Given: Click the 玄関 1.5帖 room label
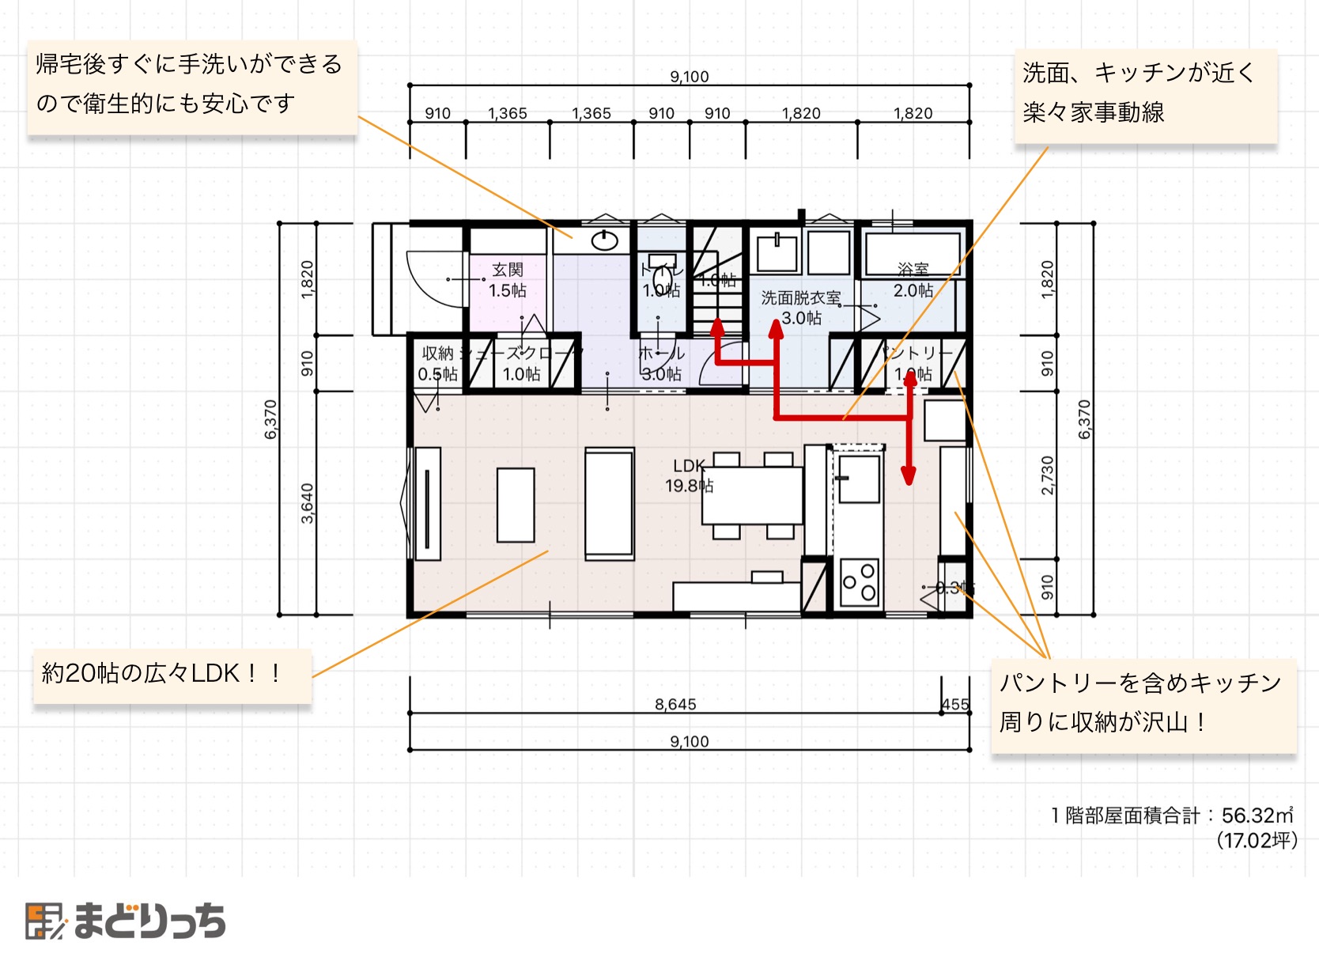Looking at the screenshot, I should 507,280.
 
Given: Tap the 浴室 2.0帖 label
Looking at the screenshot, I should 913,281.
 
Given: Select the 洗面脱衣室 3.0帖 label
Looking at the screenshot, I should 801,308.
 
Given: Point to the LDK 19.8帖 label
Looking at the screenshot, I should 689,475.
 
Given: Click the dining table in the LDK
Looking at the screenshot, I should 752,495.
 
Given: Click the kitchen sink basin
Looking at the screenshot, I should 859,479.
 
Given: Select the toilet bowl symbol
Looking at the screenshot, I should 662,279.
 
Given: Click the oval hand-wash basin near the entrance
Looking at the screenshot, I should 605,239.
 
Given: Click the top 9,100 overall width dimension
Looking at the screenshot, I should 689,76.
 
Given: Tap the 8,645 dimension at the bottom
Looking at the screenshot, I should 675,704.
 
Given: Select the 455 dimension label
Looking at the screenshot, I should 955,704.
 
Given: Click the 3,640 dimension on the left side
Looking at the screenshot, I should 307,503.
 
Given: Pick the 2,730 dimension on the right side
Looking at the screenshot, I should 1047,475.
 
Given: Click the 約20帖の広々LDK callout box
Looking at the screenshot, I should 172,675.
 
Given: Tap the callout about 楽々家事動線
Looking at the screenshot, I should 1145,93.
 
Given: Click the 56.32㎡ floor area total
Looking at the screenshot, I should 1257,815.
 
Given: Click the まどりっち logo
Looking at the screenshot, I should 127,921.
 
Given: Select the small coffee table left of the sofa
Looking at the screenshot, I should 516,505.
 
